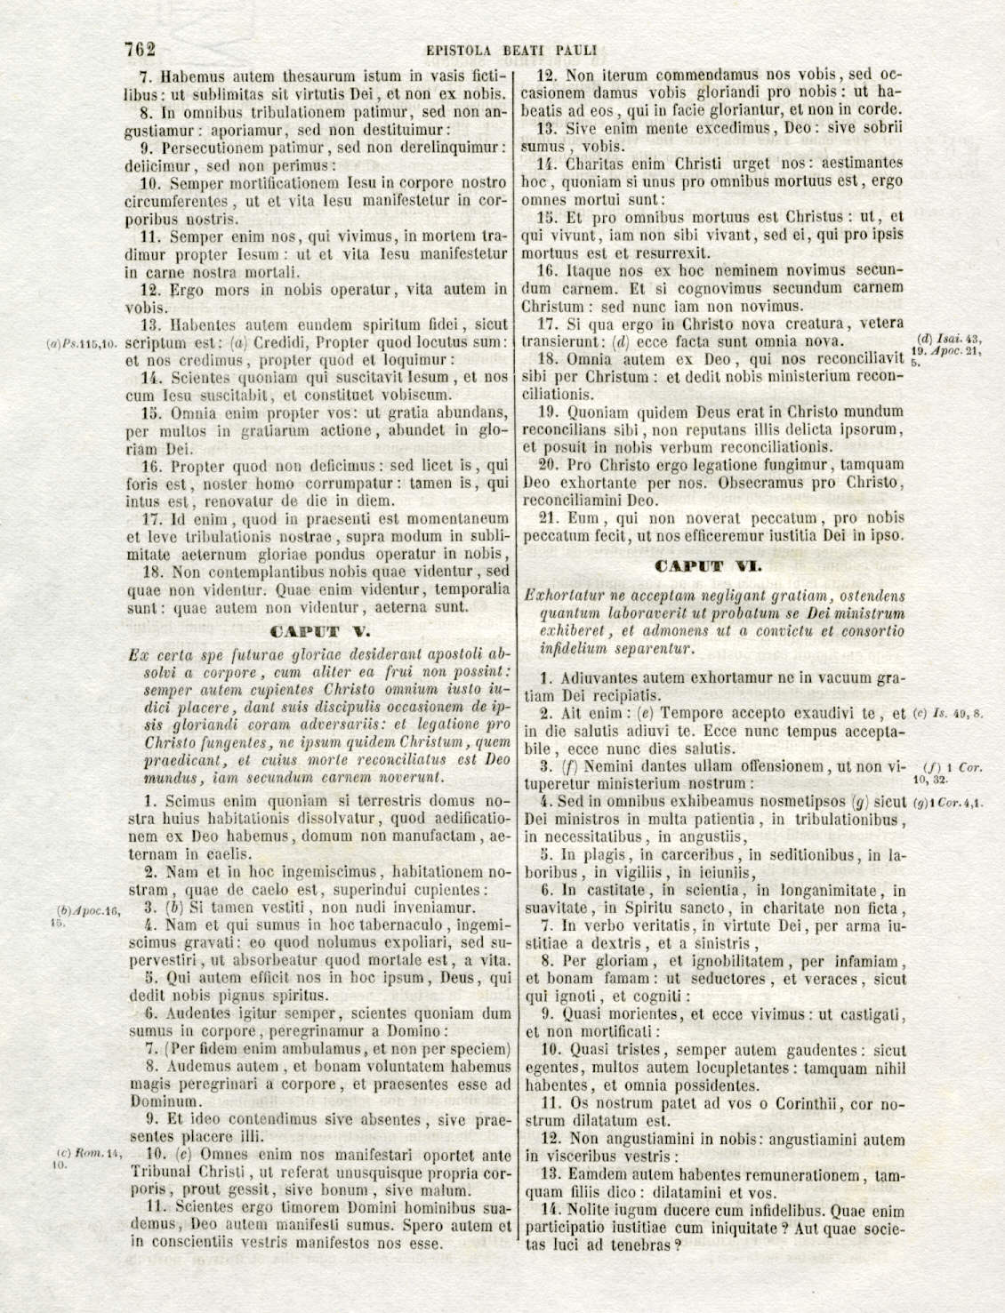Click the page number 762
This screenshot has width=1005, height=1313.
click(x=141, y=50)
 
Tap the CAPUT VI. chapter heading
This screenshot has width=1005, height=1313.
click(x=708, y=566)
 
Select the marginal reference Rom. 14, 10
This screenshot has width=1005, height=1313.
click(x=87, y=1159)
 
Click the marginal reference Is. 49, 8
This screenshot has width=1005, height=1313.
click(x=948, y=714)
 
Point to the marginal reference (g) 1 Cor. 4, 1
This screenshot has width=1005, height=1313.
click(x=948, y=803)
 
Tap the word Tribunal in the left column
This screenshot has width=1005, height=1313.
click(x=160, y=1173)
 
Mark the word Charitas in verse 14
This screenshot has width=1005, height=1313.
click(x=597, y=164)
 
